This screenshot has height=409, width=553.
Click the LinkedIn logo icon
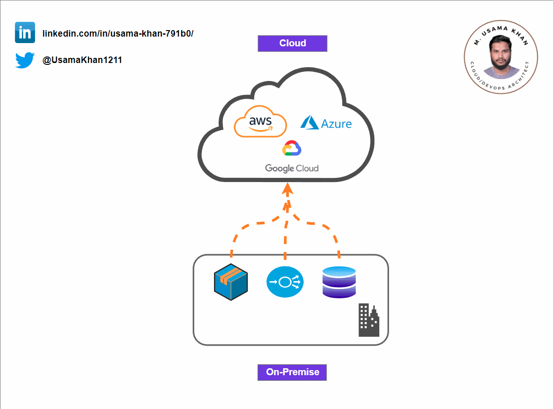[25, 32]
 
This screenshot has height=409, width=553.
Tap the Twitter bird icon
[25, 60]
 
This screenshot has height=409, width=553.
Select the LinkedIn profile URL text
[118, 34]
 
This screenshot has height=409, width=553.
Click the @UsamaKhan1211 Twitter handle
[82, 60]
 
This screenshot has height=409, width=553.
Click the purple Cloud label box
[292, 44]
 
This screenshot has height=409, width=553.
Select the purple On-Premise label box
[292, 372]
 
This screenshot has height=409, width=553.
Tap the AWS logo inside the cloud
[260, 121]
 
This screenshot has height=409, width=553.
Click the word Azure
[337, 124]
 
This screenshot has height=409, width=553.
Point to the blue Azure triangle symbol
[309, 122]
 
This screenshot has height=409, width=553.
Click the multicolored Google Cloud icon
[292, 149]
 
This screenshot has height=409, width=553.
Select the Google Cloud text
[292, 168]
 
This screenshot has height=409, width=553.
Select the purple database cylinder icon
[339, 282]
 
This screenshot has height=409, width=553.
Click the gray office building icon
[369, 320]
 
